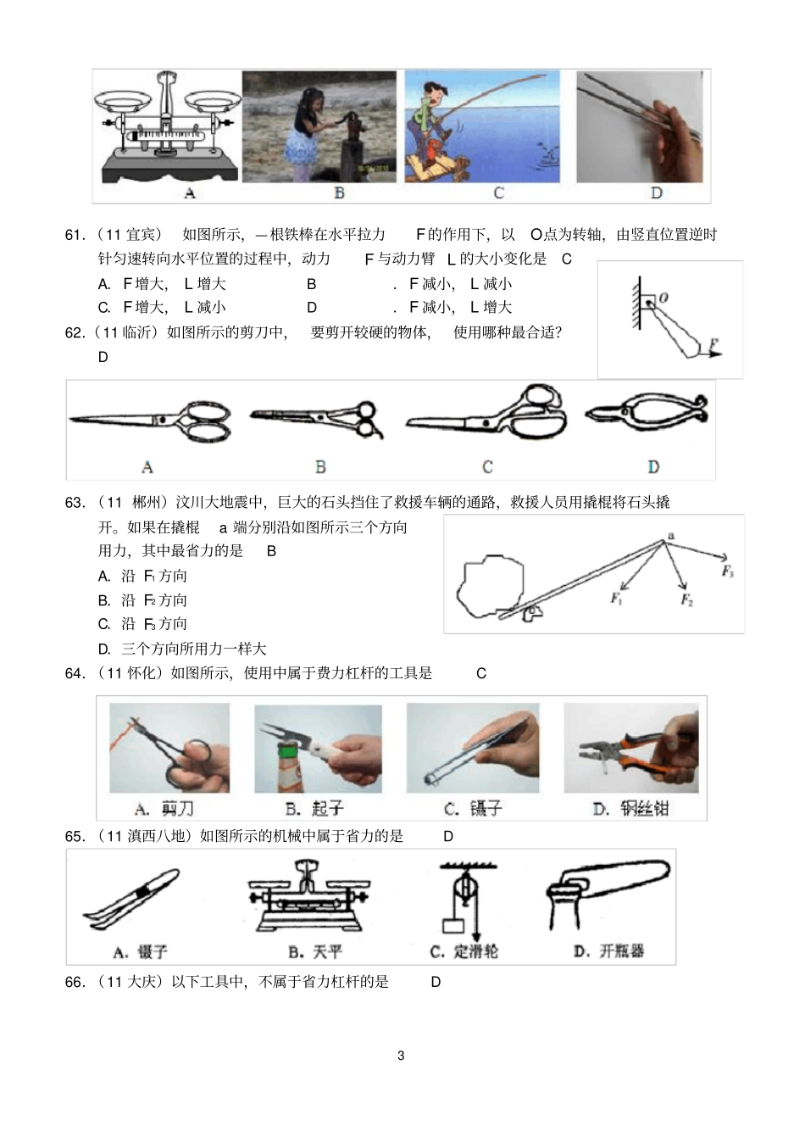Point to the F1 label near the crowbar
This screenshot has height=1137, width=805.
tap(616, 599)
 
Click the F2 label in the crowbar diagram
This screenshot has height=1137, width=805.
tap(687, 599)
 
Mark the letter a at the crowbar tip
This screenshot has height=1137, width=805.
tap(671, 536)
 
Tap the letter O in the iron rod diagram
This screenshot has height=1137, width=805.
tap(663, 298)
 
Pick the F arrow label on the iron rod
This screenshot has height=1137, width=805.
tap(713, 343)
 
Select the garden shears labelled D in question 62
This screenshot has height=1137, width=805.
tap(647, 415)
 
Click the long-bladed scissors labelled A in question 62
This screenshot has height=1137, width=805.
tap(150, 421)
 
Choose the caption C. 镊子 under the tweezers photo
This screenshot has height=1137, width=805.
tap(474, 809)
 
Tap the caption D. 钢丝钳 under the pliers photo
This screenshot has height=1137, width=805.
tap(630, 809)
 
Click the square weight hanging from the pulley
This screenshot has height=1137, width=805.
tap(453, 925)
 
